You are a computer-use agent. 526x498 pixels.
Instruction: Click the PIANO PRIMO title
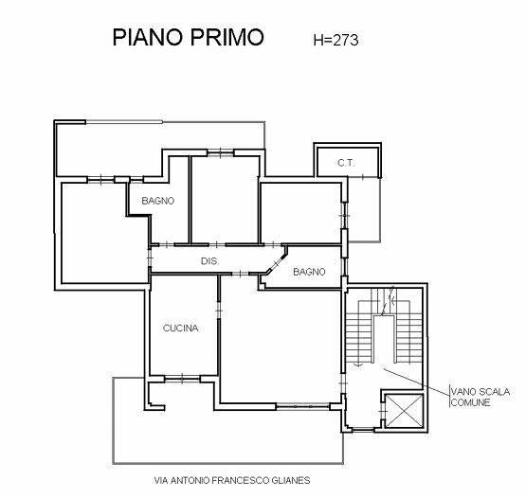click(189, 37)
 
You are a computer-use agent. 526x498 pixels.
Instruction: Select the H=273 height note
click(336, 40)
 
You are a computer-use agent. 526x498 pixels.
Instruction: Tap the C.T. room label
click(346, 163)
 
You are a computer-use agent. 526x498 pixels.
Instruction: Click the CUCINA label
click(180, 329)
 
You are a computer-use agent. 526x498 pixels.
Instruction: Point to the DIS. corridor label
click(210, 261)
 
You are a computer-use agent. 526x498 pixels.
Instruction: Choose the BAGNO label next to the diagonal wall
click(309, 272)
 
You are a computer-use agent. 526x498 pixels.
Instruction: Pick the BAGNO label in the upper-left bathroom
click(158, 201)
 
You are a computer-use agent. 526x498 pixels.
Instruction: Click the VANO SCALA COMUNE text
click(481, 397)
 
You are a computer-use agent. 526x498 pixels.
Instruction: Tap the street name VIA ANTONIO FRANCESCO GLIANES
click(232, 481)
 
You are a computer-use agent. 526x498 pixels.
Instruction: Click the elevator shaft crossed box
click(404, 411)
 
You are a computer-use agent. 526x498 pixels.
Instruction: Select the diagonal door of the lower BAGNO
click(276, 263)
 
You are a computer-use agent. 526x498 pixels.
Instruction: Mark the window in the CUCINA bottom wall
click(182, 379)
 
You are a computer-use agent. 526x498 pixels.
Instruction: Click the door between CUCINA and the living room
click(219, 311)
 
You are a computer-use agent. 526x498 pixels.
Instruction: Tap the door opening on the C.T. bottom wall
click(362, 177)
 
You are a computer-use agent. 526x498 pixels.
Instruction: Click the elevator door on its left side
click(382, 411)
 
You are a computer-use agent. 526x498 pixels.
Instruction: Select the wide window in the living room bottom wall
click(303, 406)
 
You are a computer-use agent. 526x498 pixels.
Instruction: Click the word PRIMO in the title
click(227, 37)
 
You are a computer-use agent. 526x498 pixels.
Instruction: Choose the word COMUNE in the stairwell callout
click(470, 402)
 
